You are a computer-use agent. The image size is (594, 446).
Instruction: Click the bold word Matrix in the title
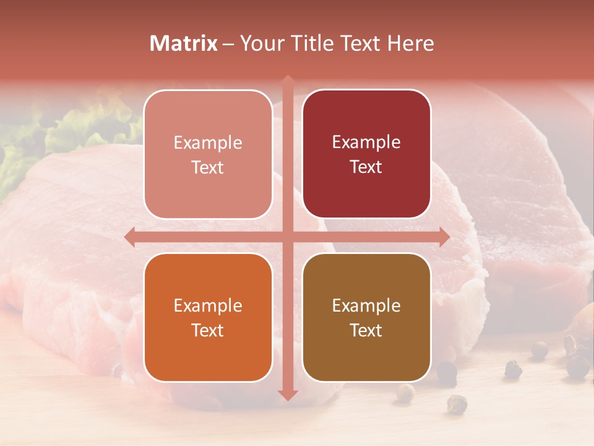(184, 43)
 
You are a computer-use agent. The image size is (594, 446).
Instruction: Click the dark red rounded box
(366, 154)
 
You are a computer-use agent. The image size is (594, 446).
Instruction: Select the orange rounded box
(208, 318)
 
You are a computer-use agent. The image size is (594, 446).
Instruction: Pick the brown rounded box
(366, 318)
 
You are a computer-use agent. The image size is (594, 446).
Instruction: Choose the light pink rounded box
(208, 154)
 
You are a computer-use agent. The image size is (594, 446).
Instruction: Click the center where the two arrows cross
(288, 237)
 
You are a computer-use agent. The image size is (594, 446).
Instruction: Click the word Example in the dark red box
(366, 142)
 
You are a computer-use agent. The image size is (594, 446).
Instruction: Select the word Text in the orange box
(208, 330)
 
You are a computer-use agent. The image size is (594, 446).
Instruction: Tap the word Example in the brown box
(366, 305)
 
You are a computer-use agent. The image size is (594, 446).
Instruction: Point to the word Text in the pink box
(208, 167)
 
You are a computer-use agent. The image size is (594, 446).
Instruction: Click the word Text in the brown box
(366, 330)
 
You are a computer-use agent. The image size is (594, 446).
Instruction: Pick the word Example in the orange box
(208, 305)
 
